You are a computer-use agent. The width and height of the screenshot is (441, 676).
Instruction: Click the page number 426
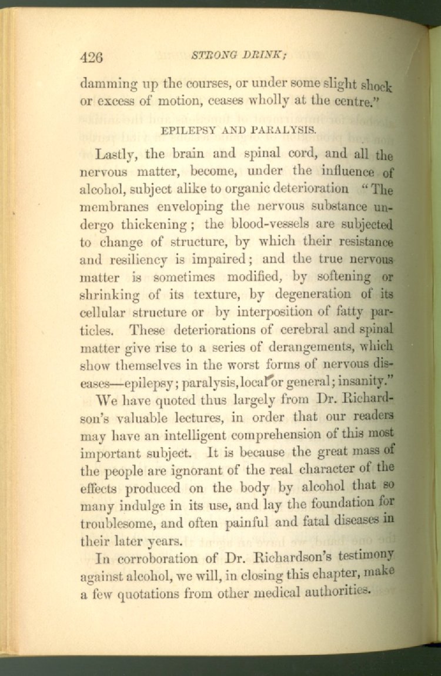91,58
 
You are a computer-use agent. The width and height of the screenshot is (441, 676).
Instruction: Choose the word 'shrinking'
112,294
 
